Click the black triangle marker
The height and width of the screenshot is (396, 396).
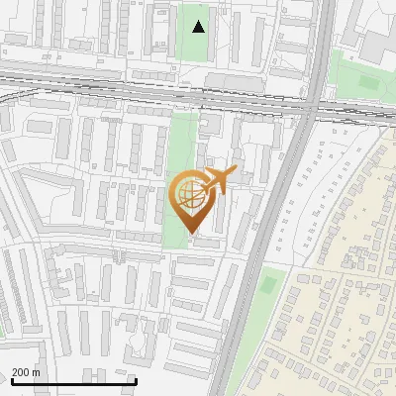199,27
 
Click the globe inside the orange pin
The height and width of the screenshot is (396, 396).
191,195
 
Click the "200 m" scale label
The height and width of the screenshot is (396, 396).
26,371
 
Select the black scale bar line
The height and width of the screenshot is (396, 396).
73,381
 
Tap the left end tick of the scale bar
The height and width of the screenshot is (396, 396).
11,379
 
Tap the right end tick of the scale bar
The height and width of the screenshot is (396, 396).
136,379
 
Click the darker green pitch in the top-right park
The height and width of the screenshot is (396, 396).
368,81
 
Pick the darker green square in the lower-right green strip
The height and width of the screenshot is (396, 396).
267,285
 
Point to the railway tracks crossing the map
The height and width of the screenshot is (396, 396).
148,94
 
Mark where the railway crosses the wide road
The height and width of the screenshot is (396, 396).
312,104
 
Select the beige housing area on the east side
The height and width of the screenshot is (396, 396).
337,297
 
